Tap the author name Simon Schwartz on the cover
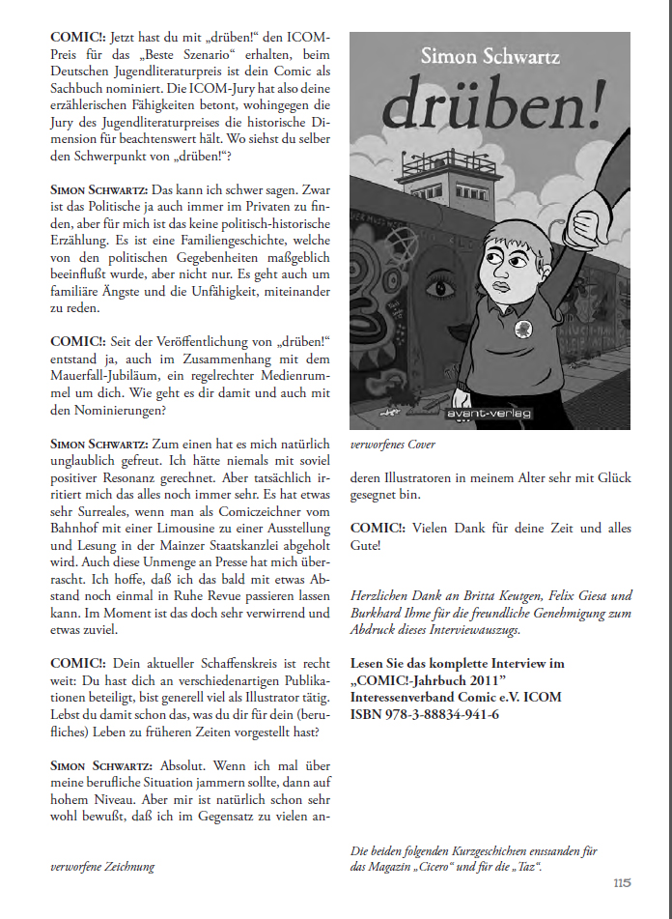[x=489, y=57]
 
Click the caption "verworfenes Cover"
[x=393, y=445]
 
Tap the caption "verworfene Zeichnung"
[x=102, y=867]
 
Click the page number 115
[x=622, y=882]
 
